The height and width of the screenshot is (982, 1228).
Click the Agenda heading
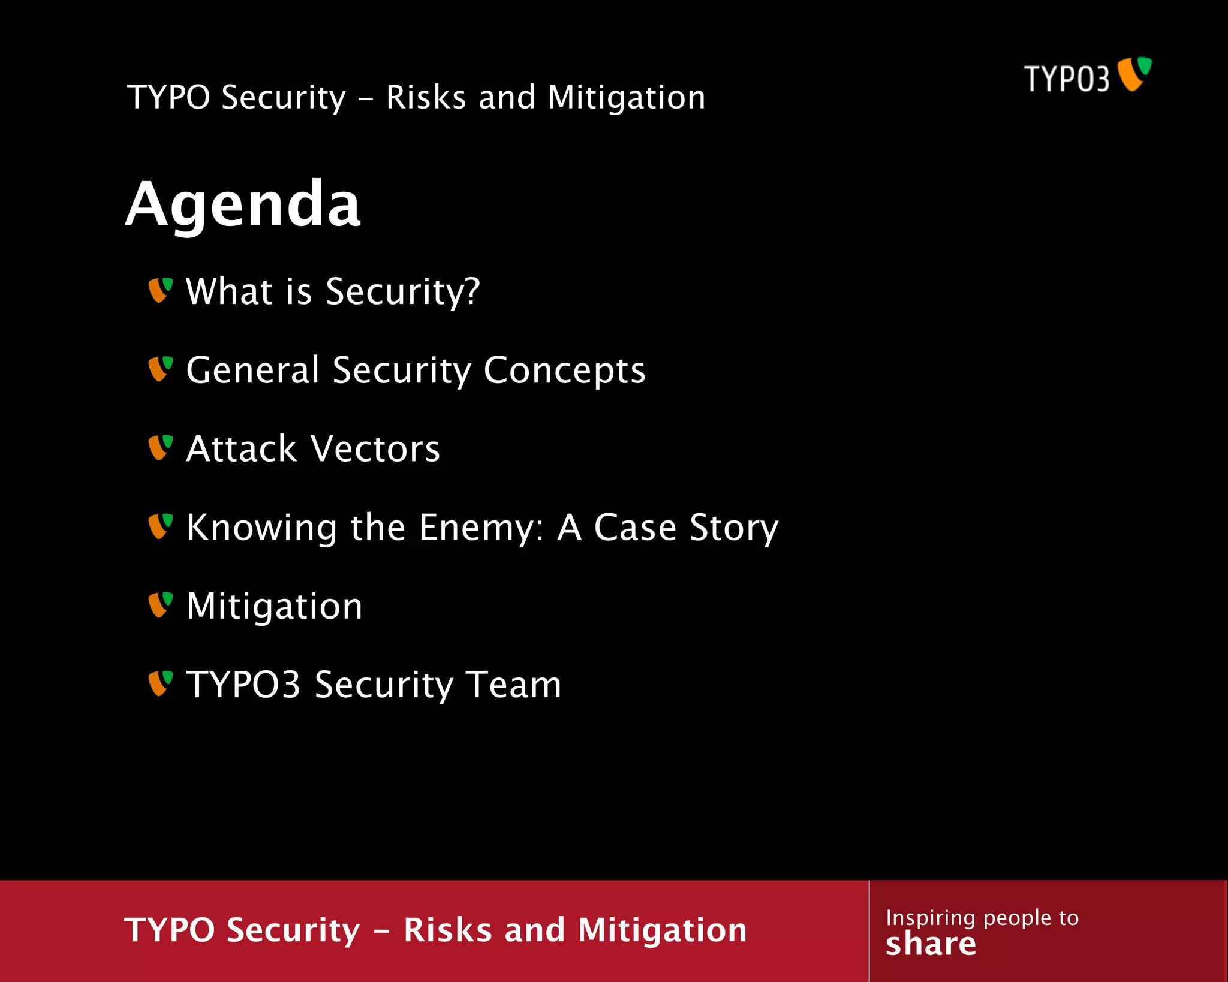point(243,205)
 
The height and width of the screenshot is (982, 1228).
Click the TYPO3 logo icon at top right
point(1134,74)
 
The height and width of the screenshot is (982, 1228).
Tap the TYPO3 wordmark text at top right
point(1066,79)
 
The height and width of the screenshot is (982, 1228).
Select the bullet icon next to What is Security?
point(160,290)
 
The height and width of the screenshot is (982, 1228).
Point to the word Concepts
point(564,370)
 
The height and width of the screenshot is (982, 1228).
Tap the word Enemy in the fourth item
point(480,528)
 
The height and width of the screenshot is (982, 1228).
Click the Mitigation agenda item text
point(274,606)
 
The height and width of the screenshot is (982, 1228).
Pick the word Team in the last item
point(514,685)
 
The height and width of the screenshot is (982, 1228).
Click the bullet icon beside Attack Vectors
point(160,448)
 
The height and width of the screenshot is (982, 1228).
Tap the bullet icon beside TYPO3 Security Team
point(160,683)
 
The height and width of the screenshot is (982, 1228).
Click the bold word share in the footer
point(931,944)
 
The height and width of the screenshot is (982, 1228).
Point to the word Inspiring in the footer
point(931,918)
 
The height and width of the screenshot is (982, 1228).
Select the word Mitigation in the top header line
point(627,97)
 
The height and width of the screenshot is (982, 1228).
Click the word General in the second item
point(252,370)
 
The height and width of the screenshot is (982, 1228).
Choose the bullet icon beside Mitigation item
point(160,605)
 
